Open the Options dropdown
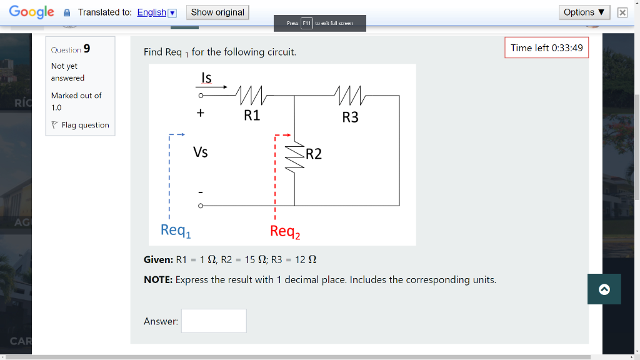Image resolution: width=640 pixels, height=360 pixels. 585,12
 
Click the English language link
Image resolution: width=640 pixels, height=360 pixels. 152,12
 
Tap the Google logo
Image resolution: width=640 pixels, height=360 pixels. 31,12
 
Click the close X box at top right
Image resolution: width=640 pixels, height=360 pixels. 622,12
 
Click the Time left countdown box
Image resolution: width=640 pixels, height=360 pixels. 546,48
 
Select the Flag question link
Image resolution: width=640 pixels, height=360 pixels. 85,125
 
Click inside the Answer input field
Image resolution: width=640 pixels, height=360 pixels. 214,321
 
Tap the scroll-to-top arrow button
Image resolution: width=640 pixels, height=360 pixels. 604,289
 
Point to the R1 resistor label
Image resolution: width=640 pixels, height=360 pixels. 252,116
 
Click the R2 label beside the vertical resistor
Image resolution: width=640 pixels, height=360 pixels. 314,154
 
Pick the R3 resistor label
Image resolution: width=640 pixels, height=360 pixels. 351,117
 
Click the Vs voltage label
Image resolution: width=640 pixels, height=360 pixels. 201,152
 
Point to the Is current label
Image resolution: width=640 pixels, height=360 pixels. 206,77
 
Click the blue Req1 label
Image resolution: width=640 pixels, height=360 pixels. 176,231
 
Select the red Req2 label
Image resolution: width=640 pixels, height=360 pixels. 285,232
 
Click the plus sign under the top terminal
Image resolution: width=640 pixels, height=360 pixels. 201,114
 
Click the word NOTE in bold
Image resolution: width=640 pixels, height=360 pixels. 158,279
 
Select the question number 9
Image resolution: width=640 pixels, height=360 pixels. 87,49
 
